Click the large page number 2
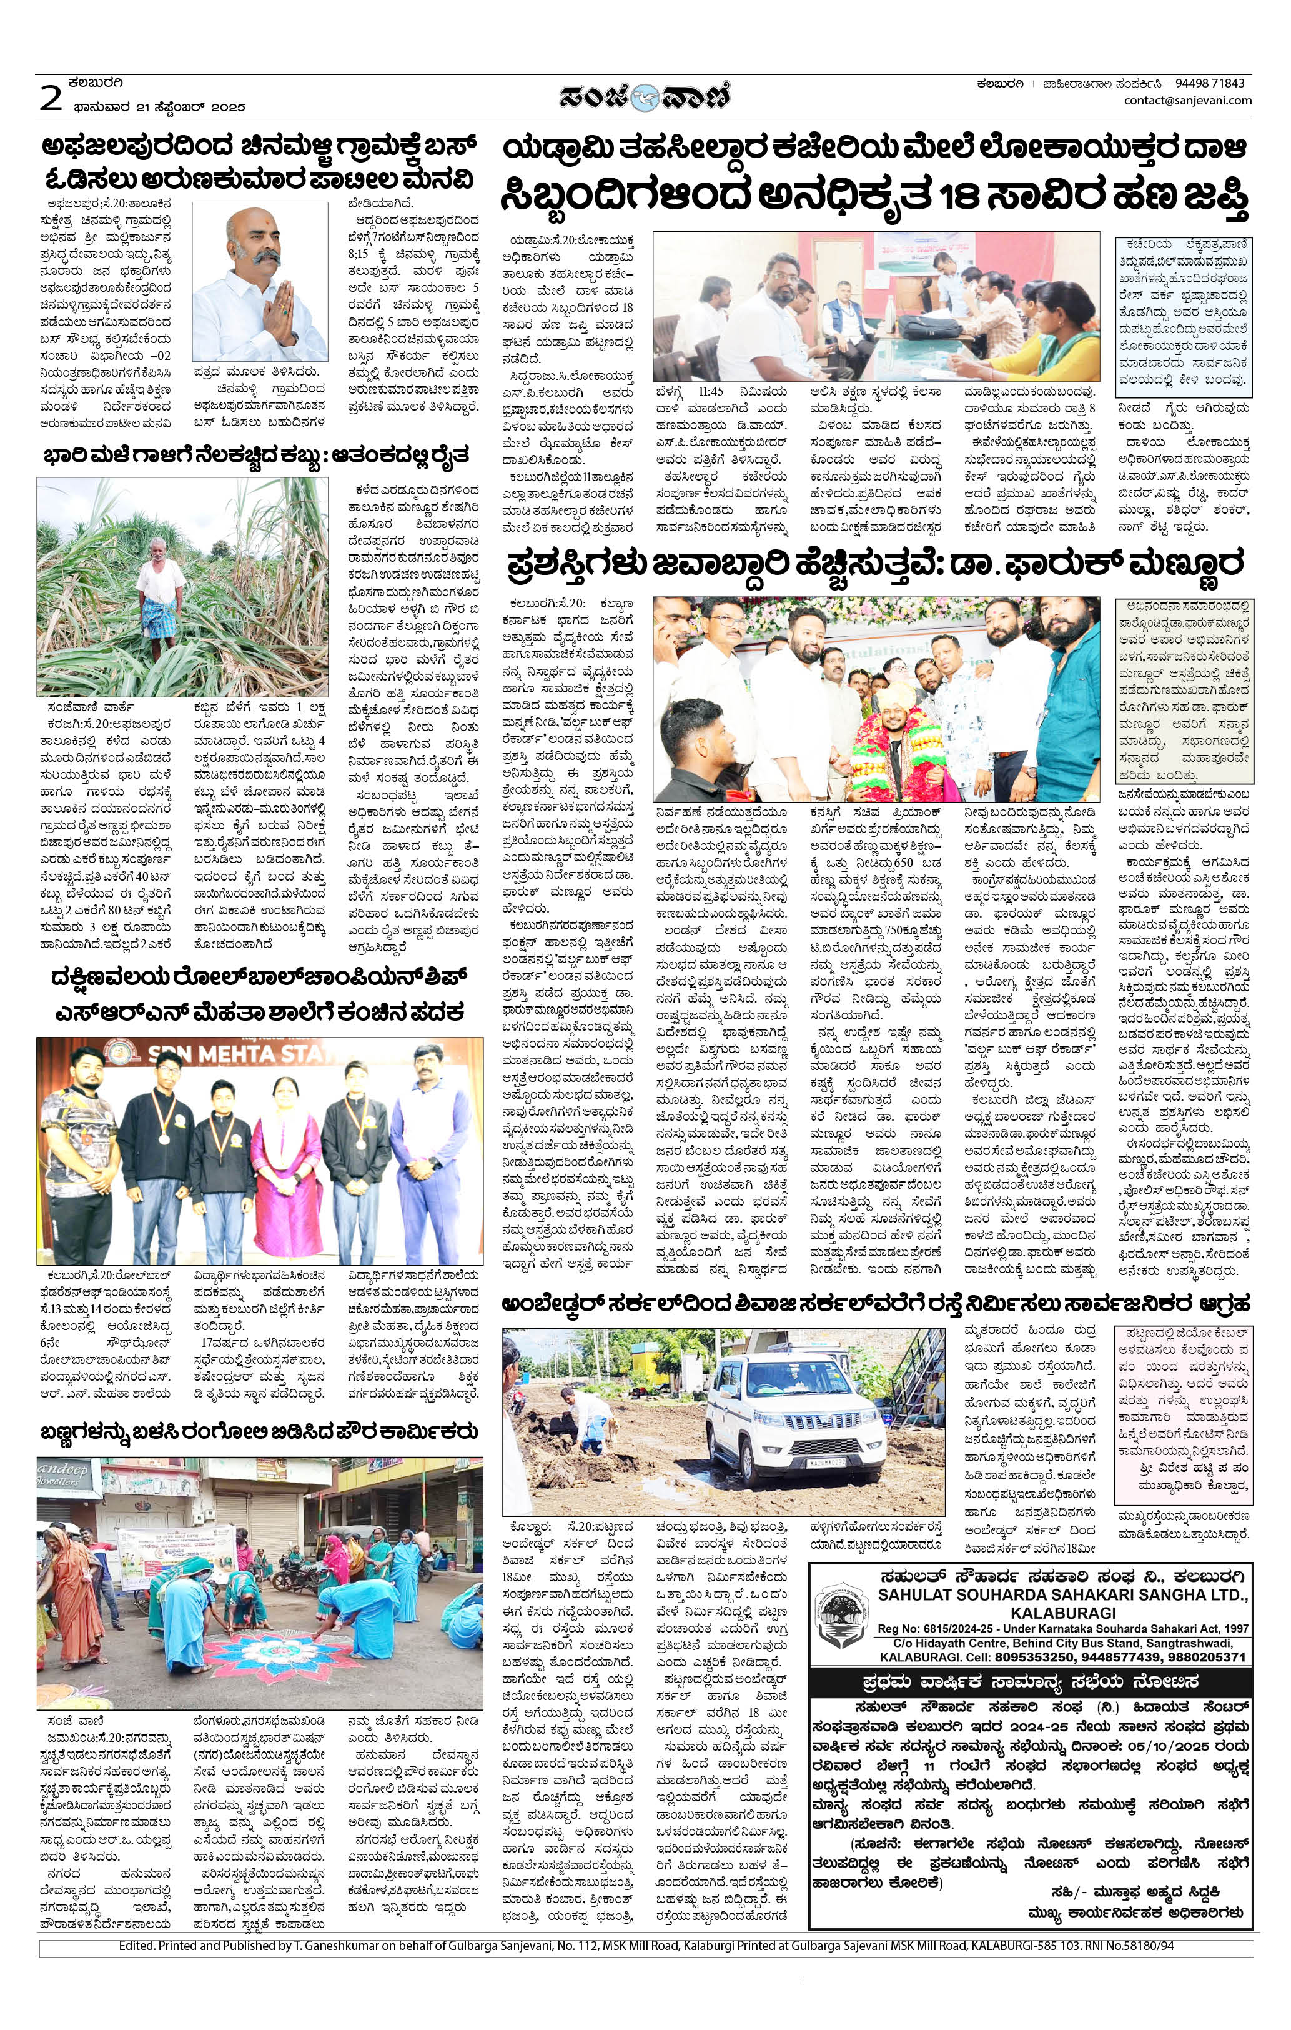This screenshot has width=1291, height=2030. tap(51, 97)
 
